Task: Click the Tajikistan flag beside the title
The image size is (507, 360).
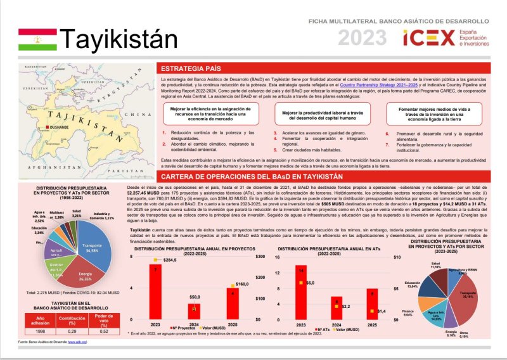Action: [x=37, y=39]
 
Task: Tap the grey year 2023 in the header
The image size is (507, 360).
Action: [x=362, y=39]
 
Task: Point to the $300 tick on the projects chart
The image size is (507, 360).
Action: [x=259, y=257]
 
